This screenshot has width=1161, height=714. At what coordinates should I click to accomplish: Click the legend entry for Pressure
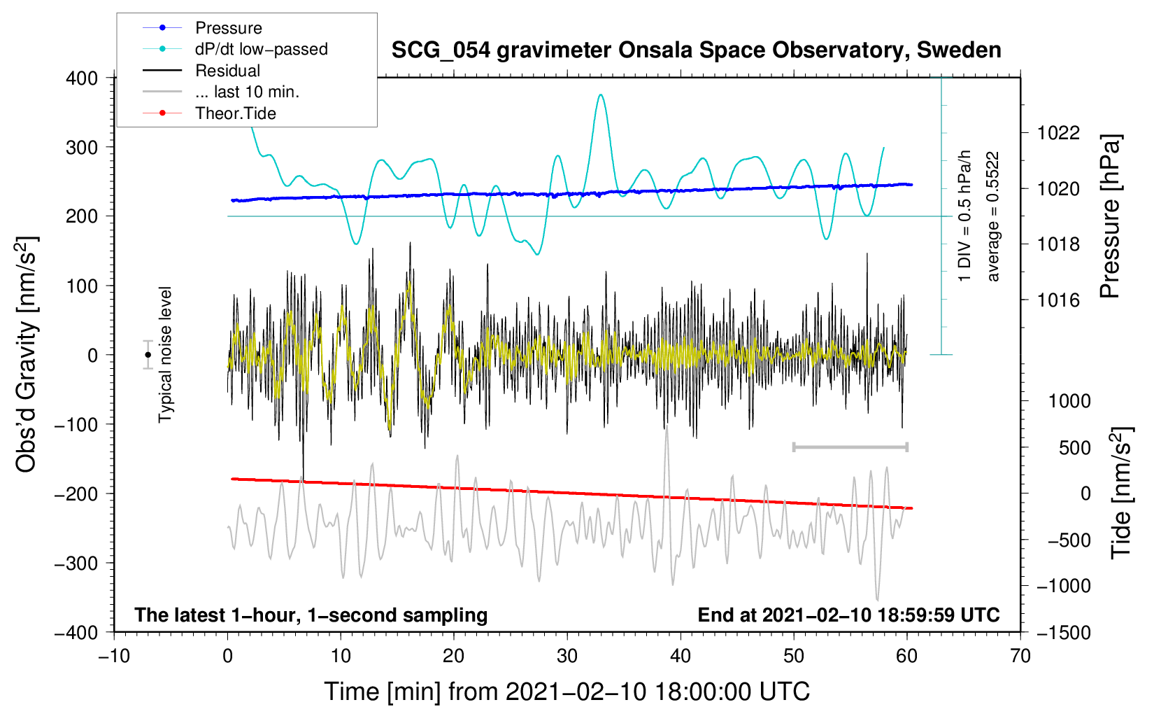202,27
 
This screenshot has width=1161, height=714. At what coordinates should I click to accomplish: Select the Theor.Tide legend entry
209,113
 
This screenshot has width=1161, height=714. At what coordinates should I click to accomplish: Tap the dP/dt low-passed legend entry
235,49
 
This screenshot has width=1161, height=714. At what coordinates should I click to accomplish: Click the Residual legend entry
201,71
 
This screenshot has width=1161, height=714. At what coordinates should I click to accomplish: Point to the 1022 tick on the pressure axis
1058,134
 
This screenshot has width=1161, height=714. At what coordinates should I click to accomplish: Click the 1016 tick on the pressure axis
1058,300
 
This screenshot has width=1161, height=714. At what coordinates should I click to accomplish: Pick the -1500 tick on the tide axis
1064,633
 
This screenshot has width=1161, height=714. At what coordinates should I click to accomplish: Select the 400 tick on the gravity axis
82,78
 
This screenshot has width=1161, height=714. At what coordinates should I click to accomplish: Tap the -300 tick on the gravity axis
76,563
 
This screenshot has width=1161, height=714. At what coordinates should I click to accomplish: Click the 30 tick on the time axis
567,656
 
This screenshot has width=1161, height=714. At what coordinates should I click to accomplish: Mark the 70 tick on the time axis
1020,656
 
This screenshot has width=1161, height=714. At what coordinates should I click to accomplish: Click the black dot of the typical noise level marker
148,355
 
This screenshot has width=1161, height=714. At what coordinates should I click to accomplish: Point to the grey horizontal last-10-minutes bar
850,447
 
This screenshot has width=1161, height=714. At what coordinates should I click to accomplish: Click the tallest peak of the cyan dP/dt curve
600,95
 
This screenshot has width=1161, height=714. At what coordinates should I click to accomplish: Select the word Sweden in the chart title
959,50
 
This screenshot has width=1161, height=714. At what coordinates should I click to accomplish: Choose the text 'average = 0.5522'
992,216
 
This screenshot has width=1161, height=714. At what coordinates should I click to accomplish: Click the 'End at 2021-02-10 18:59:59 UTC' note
848,615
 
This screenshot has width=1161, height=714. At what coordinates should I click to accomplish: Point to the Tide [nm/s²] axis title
1122,493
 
